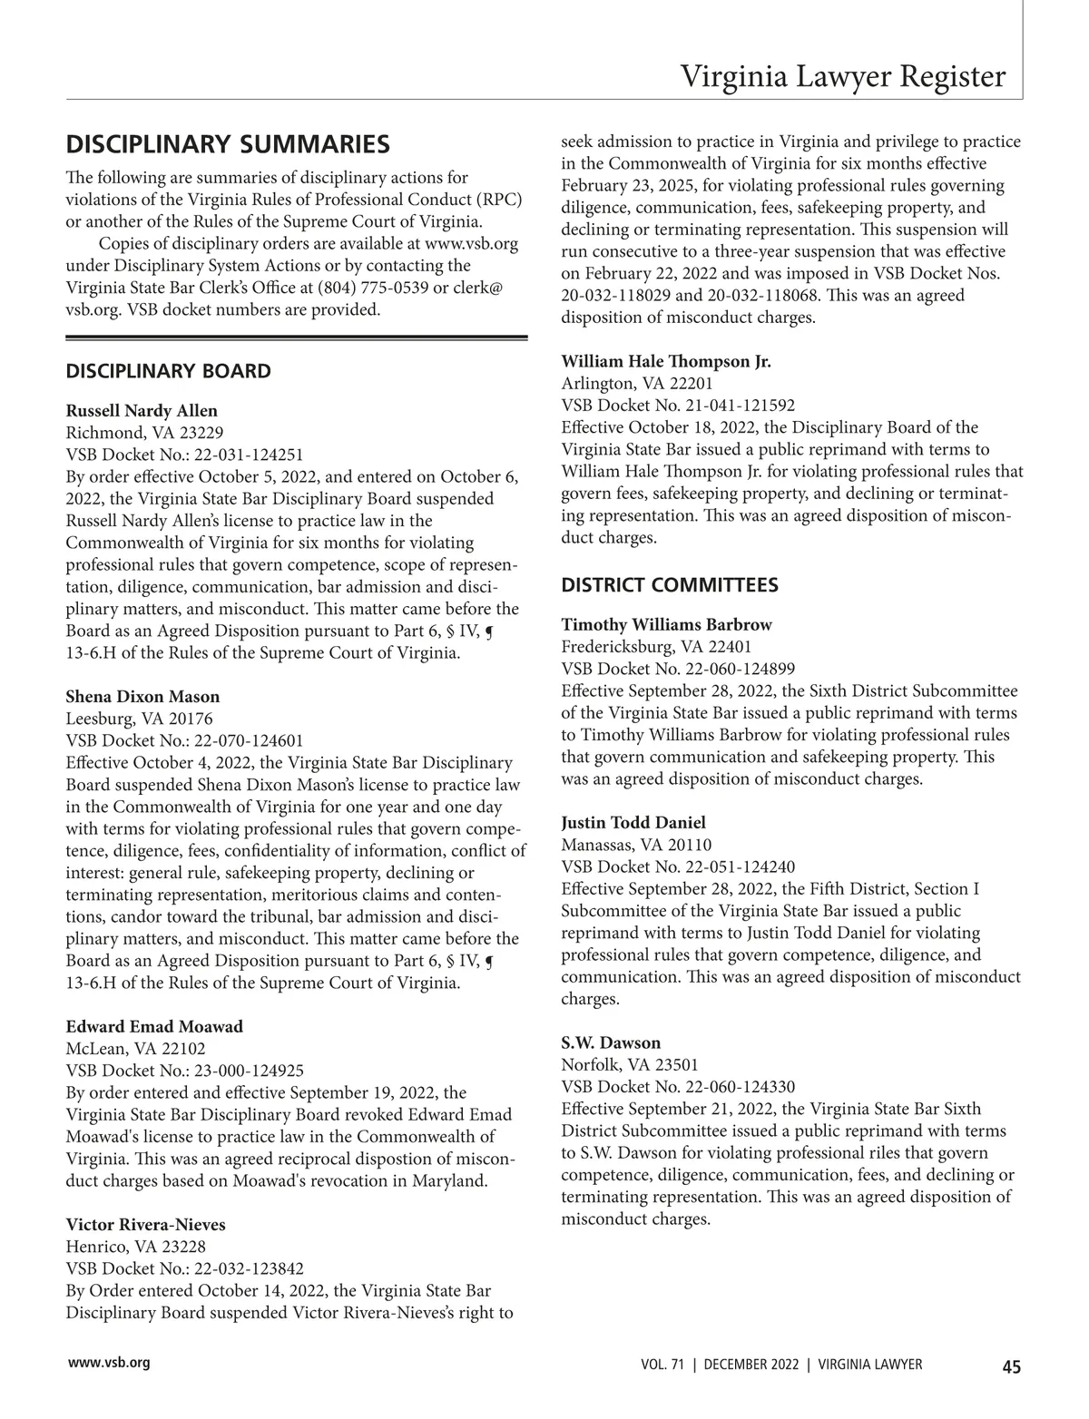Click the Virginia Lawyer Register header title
tap(843, 77)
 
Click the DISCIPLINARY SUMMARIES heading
tap(228, 144)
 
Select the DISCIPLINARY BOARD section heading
tap(168, 371)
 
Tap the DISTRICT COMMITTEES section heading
tap(670, 585)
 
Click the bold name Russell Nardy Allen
tap(142, 411)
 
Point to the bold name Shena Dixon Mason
tap(142, 697)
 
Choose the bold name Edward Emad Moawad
tap(154, 1027)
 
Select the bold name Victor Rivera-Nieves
tap(145, 1225)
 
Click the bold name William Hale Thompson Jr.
tap(666, 362)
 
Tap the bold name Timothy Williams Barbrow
tap(666, 625)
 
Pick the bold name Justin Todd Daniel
tap(633, 823)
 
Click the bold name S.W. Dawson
tap(611, 1042)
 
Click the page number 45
tap(1011, 1367)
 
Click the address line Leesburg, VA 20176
tap(139, 719)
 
